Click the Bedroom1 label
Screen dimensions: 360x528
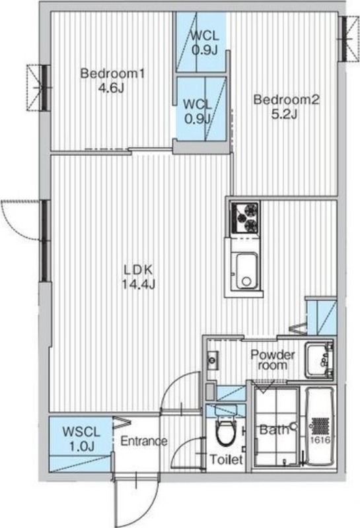[x=112, y=73]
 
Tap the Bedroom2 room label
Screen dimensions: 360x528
[x=286, y=100]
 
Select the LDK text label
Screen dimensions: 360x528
[x=138, y=269]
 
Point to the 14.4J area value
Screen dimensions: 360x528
[x=138, y=285]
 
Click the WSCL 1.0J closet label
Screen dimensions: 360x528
[x=81, y=439]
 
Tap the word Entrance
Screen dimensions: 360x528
[x=144, y=441]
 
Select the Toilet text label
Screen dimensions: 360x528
[x=226, y=459]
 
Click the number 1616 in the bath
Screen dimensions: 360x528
[x=320, y=440]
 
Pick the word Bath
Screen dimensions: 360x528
[x=273, y=430]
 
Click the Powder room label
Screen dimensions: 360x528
[x=273, y=360]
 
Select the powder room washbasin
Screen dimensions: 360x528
[x=318, y=360]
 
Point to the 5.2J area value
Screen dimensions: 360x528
[x=285, y=115]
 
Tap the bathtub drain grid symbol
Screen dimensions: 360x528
[x=320, y=426]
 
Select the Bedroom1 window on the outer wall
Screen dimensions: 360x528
[x=43, y=88]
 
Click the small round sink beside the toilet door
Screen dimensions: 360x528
[x=212, y=360]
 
